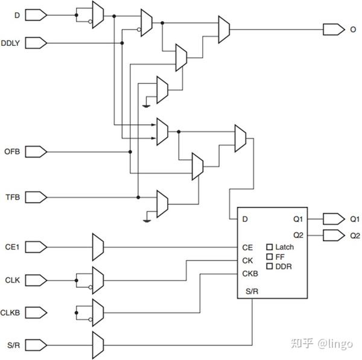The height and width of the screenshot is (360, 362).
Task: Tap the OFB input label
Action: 13,151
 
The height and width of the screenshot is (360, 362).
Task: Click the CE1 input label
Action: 13,246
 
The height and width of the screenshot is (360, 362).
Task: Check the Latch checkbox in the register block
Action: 270,247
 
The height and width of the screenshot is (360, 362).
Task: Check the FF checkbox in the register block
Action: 270,257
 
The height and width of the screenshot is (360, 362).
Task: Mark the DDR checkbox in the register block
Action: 270,267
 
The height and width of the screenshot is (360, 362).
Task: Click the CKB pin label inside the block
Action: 250,273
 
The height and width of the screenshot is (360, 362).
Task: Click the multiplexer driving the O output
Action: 224,26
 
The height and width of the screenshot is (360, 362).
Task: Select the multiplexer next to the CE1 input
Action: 98,246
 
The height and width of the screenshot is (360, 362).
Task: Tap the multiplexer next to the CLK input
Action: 98,279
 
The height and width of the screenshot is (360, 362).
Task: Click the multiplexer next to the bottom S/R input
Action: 98,344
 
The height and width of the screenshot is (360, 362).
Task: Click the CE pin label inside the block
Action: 247,247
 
